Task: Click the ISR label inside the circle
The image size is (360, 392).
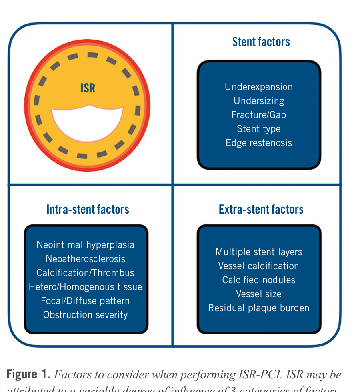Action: (88, 88)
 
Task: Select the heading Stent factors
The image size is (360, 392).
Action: (261, 42)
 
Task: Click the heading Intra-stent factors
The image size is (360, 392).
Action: (88, 209)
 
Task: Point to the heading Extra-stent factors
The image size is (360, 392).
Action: (261, 209)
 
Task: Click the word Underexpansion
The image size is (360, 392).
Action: (259, 87)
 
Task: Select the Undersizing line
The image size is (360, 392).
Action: (259, 101)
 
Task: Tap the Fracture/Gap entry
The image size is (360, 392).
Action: (259, 115)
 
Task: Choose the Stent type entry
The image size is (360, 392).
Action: (259, 129)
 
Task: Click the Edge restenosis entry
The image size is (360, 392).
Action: (259, 143)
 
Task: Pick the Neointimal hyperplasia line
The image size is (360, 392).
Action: (86, 245)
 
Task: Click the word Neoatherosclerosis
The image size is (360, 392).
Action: (86, 259)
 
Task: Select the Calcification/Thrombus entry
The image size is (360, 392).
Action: (86, 273)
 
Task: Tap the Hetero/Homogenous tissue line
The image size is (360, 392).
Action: (86, 287)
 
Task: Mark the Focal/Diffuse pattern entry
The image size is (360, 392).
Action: (86, 301)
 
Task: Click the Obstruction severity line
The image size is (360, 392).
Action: (86, 315)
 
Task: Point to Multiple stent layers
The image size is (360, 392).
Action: (259, 252)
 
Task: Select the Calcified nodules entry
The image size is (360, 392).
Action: (259, 280)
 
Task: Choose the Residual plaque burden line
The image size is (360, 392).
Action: (259, 308)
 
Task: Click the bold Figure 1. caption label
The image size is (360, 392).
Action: (29, 375)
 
